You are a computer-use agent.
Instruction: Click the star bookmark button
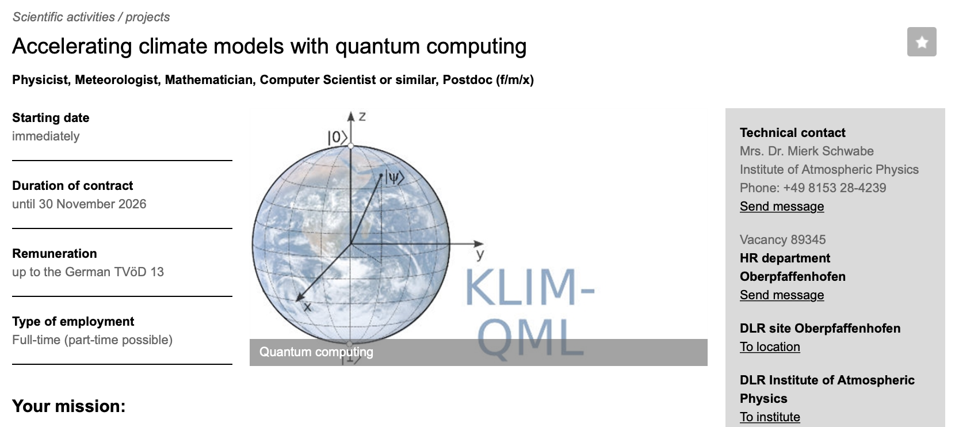(921, 42)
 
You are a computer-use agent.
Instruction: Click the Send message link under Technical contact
(781, 207)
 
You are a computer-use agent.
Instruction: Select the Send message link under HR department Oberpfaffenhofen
(781, 295)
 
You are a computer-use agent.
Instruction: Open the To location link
(770, 347)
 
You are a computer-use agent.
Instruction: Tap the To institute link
(770, 417)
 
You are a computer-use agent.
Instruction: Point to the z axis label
(362, 116)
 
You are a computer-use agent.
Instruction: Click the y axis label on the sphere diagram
(480, 255)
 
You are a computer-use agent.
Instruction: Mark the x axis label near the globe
(307, 307)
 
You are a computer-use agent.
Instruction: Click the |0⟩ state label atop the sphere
(337, 138)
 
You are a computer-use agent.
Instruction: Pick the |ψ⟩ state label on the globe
(394, 177)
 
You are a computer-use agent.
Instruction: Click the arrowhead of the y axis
(479, 244)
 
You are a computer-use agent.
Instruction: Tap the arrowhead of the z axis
(350, 116)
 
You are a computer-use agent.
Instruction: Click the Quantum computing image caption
(316, 352)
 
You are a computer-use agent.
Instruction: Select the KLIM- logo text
(529, 288)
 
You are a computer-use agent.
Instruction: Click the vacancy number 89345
(808, 240)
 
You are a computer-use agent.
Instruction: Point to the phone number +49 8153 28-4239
(834, 188)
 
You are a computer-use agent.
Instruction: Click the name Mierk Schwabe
(831, 151)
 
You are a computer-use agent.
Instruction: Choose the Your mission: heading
(68, 406)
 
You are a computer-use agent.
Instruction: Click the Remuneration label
(55, 254)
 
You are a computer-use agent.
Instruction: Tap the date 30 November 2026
(93, 204)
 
